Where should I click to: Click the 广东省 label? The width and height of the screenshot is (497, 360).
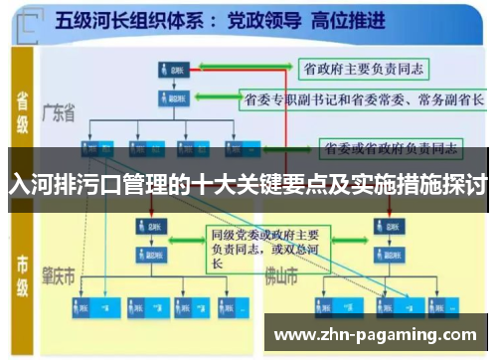(x=61, y=114)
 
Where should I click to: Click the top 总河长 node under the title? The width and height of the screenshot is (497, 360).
(x=170, y=70)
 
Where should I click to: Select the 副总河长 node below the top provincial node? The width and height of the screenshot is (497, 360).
(x=170, y=99)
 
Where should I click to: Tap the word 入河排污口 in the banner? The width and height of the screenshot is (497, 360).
(x=58, y=185)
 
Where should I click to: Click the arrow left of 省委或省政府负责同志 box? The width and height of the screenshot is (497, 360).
(x=300, y=150)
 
